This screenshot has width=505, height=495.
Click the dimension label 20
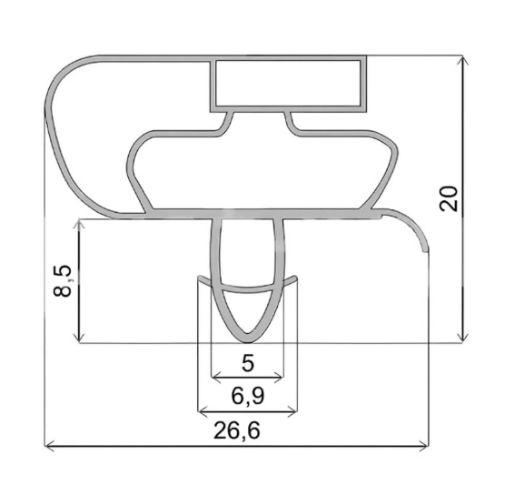click(x=449, y=198)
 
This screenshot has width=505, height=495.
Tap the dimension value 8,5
click(x=63, y=281)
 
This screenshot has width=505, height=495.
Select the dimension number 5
click(x=248, y=363)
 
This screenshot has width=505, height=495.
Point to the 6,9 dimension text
click(x=248, y=397)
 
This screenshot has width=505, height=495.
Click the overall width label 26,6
click(x=237, y=430)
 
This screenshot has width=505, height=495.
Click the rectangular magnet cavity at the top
click(x=288, y=83)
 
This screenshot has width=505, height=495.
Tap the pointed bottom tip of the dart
click(x=247, y=342)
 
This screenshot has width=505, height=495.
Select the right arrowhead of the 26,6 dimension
click(x=424, y=447)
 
